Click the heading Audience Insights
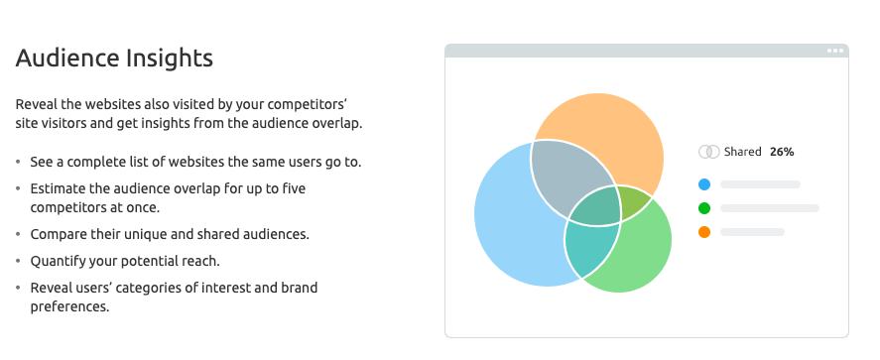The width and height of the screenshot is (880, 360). pos(114,59)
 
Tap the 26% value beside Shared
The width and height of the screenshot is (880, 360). pos(781,152)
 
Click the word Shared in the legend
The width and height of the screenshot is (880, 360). pos(742,152)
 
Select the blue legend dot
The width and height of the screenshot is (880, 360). pos(704,183)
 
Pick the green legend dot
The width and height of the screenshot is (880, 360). pos(704,208)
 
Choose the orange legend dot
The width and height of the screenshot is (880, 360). pos(704,232)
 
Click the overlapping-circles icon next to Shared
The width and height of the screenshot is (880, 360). pos(708,152)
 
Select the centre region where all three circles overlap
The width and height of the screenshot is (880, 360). pos(593,208)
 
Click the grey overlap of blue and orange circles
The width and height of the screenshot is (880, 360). pos(566,179)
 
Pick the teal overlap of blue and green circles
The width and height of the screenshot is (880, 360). pos(589,248)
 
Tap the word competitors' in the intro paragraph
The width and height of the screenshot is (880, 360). pos(318,104)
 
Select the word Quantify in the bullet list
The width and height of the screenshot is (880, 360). pos(63,261)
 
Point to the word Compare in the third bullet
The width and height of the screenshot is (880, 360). pos(62,234)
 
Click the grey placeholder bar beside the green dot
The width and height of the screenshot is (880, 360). pos(770,208)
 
